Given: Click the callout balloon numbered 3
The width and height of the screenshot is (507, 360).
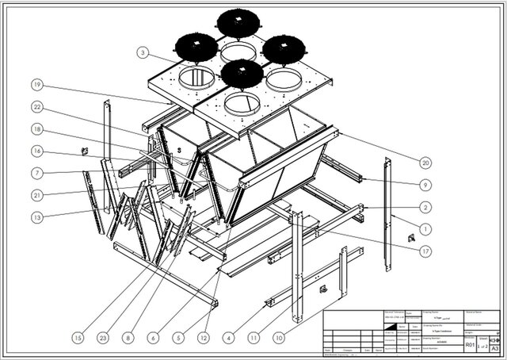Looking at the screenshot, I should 142,53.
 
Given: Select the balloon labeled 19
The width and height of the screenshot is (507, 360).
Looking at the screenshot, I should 36,84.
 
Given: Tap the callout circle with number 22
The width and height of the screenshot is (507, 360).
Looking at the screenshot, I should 36,107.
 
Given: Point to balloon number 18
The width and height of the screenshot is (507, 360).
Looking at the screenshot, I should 36,128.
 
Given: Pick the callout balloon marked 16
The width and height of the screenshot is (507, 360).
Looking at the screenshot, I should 36,150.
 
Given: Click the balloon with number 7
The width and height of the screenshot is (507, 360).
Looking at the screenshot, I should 36,172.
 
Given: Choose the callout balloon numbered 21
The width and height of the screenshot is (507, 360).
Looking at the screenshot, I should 36,194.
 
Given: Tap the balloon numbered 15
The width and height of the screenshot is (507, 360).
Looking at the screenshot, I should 78,336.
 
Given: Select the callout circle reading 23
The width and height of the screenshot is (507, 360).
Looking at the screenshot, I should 103,336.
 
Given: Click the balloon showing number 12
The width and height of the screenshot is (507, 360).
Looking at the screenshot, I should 204,336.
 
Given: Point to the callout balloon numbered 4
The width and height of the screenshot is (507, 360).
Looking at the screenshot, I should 230,336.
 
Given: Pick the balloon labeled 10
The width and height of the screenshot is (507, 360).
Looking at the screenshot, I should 279,336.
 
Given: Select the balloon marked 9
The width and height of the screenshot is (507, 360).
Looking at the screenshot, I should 425,185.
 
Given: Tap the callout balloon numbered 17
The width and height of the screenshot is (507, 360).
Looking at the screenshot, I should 425,251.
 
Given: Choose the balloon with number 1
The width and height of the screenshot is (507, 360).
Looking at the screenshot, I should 425,229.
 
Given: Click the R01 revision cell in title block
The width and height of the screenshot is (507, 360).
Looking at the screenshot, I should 470,345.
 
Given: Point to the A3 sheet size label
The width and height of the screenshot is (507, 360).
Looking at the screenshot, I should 495,347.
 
